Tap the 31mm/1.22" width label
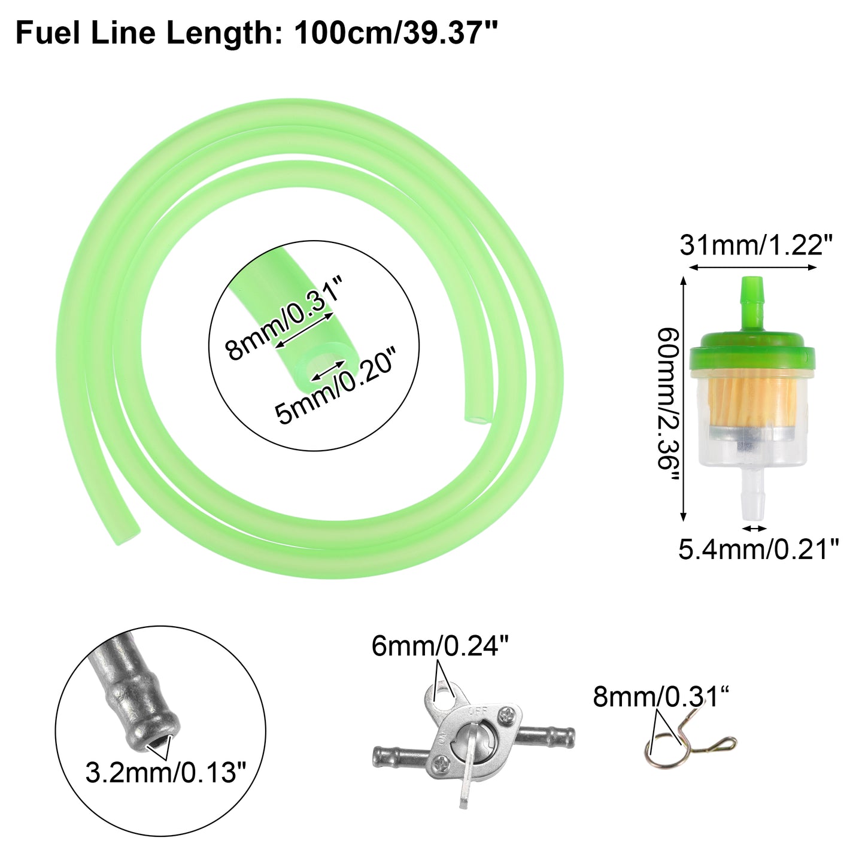click(757, 245)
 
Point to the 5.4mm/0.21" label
click(758, 550)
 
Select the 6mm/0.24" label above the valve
click(440, 646)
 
